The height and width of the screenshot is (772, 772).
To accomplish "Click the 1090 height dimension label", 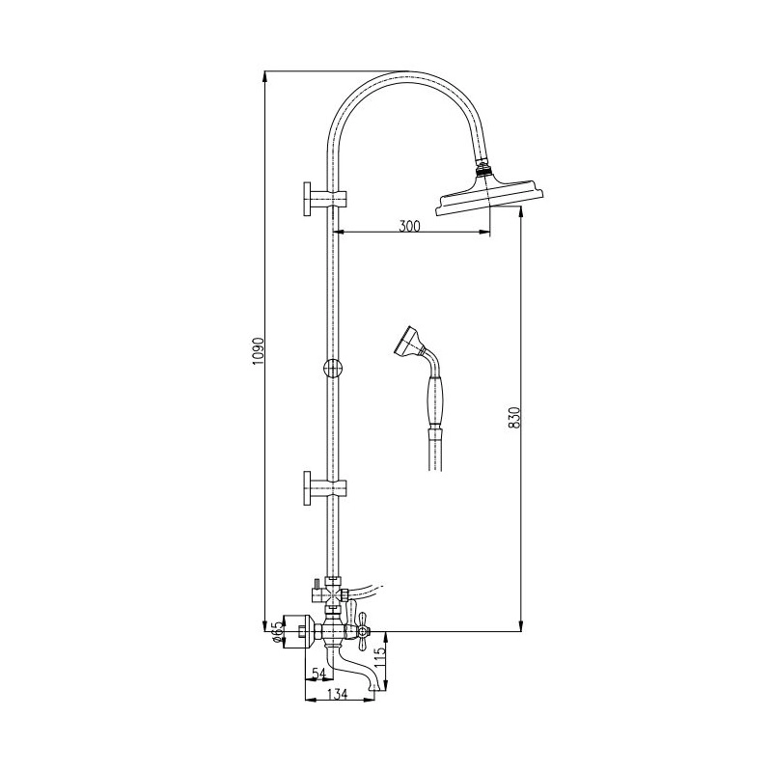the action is coord(259,351).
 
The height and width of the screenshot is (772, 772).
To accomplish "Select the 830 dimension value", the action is coord(513,418).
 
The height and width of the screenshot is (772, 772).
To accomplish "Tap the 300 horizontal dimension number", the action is coord(409,226).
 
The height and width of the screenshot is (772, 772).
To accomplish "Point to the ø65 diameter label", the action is coord(277,632).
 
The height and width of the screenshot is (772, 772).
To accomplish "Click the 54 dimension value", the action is coord(319,673).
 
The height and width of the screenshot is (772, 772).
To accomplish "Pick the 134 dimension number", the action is coord(337,694).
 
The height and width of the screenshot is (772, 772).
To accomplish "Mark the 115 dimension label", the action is coord(379,658).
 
